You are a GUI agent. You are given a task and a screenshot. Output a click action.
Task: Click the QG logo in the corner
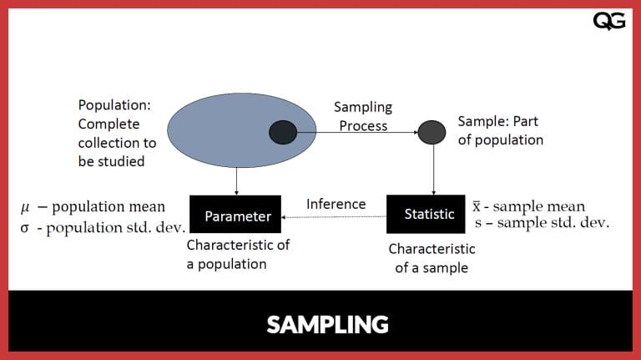point(608,21)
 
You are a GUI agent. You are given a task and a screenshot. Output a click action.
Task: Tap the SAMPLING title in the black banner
point(327,324)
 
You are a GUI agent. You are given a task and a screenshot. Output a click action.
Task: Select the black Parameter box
point(238,216)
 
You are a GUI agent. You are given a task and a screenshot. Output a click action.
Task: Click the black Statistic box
point(429,214)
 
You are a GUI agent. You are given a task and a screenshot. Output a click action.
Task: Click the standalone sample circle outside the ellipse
point(432,131)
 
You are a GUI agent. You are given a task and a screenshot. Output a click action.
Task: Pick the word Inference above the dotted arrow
point(336,204)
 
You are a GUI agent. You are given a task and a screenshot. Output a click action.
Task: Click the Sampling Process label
point(363,117)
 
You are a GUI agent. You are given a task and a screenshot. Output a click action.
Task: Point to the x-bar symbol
point(477,205)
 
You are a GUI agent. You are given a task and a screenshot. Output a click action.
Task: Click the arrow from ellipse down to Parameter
point(237,180)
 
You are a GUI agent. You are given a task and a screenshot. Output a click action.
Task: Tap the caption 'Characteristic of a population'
point(238,255)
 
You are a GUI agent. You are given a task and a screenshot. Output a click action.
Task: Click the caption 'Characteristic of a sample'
point(432,258)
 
